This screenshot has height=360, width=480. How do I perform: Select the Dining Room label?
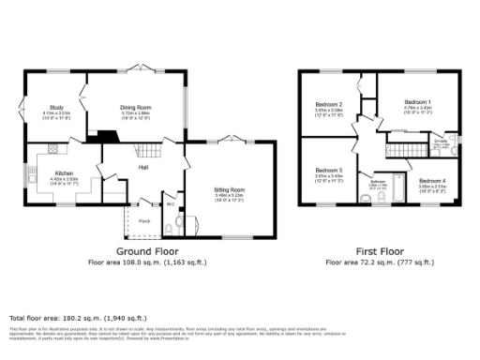click(135, 108)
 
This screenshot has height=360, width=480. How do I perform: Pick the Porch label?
click(144, 221)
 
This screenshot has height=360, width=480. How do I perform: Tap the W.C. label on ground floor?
click(171, 205)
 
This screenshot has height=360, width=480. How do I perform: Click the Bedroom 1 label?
click(417, 102)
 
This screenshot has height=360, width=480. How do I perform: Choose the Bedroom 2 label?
click(327, 103)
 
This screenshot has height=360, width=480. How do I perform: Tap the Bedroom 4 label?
click(431, 180)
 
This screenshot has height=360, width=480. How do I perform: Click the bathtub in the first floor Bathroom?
click(398, 187)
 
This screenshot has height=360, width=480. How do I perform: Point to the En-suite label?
click(441, 142)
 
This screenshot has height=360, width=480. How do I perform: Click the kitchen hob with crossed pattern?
click(54, 148)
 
